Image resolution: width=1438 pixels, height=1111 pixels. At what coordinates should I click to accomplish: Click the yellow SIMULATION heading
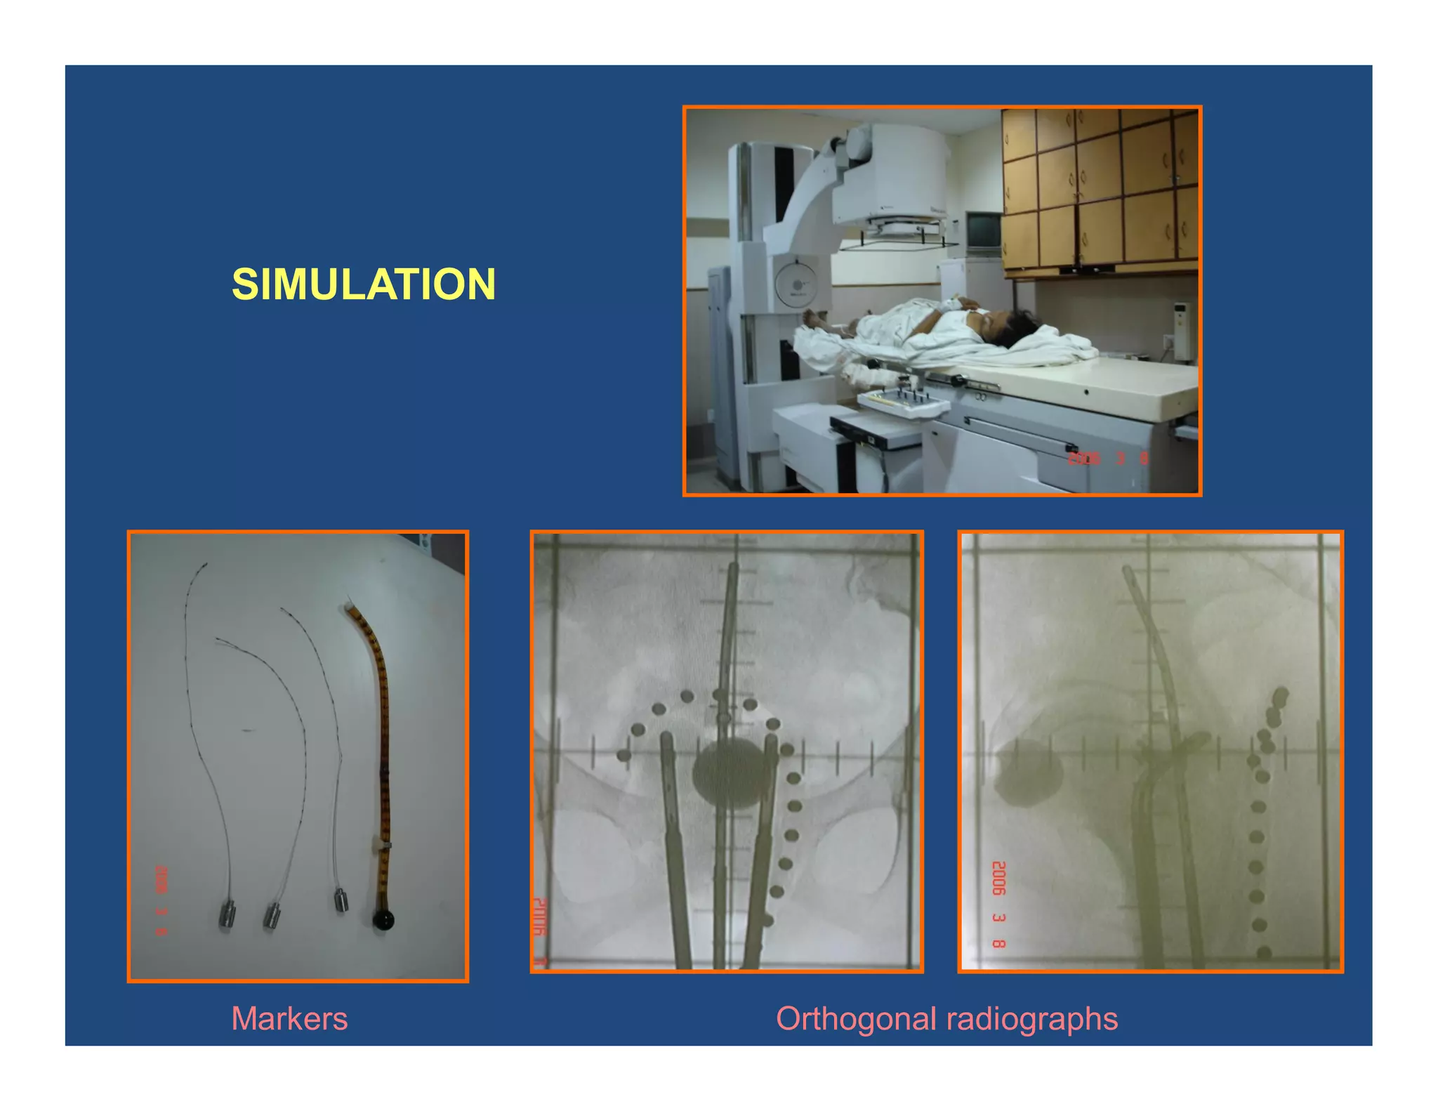tap(364, 284)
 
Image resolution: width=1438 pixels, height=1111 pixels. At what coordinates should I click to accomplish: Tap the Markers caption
tap(289, 1018)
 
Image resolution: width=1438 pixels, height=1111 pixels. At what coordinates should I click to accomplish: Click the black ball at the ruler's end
tap(383, 919)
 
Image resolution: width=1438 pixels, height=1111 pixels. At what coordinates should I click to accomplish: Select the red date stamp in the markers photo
tap(161, 900)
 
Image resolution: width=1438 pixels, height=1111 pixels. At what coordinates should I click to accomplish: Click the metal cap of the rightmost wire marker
tap(341, 900)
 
